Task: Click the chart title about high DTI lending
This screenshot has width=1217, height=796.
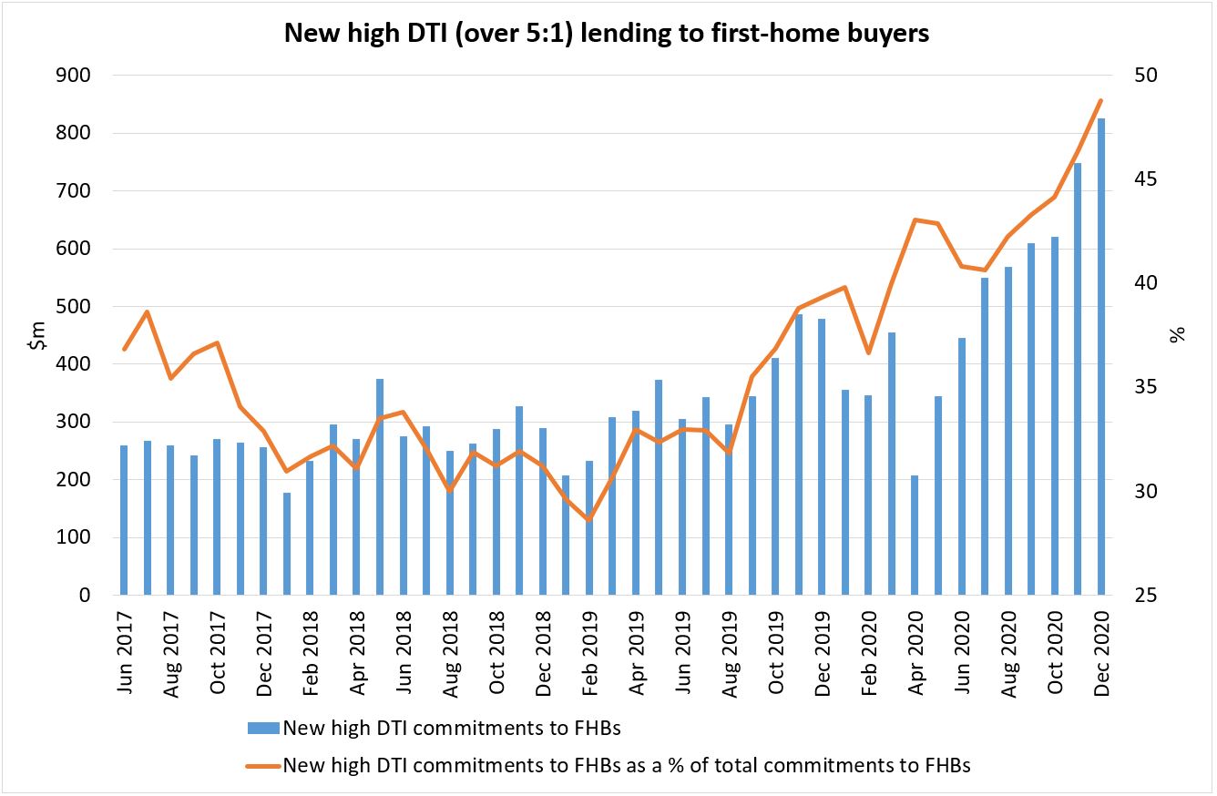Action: point(608,33)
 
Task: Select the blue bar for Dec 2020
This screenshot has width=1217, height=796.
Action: point(1101,357)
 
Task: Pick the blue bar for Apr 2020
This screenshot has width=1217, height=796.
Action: point(915,535)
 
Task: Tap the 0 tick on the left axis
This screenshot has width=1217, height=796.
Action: point(86,596)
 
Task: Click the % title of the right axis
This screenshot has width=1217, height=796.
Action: point(1179,336)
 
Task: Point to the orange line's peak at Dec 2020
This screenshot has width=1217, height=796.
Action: point(1101,100)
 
